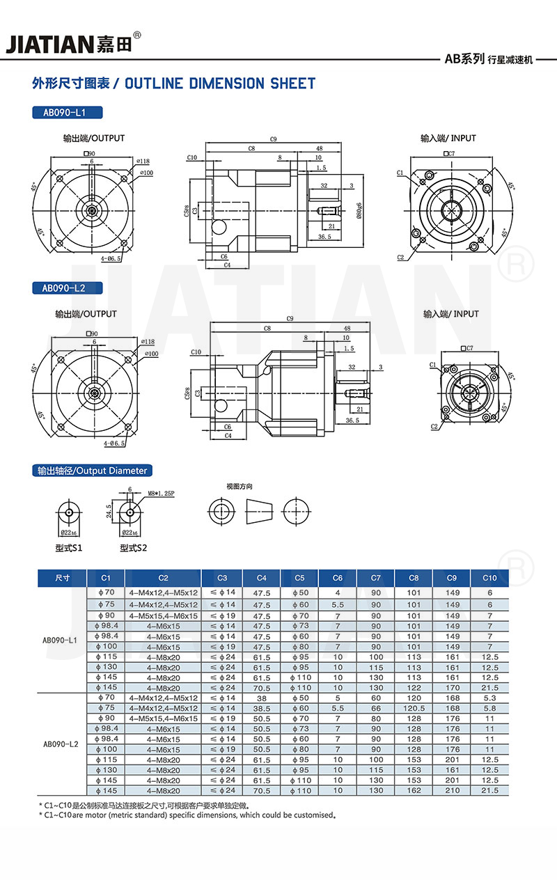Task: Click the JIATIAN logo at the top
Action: tap(73, 43)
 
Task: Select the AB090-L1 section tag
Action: tap(68, 112)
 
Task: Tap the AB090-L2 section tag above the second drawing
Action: tap(68, 287)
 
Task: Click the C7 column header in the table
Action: tap(376, 578)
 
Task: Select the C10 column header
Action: tap(489, 578)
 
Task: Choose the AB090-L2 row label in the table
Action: tap(61, 744)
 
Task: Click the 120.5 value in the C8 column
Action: tap(414, 707)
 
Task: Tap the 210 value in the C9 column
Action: tap(453, 791)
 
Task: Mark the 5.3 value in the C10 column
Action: tap(489, 697)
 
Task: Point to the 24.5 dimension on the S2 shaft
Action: tap(109, 512)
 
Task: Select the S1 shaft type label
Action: tap(69, 548)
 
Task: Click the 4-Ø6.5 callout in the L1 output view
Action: tap(111, 258)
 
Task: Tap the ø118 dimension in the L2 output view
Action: tap(148, 341)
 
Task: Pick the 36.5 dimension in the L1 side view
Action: tap(324, 237)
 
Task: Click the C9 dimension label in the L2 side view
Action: tap(290, 319)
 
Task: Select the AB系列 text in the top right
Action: tap(464, 60)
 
